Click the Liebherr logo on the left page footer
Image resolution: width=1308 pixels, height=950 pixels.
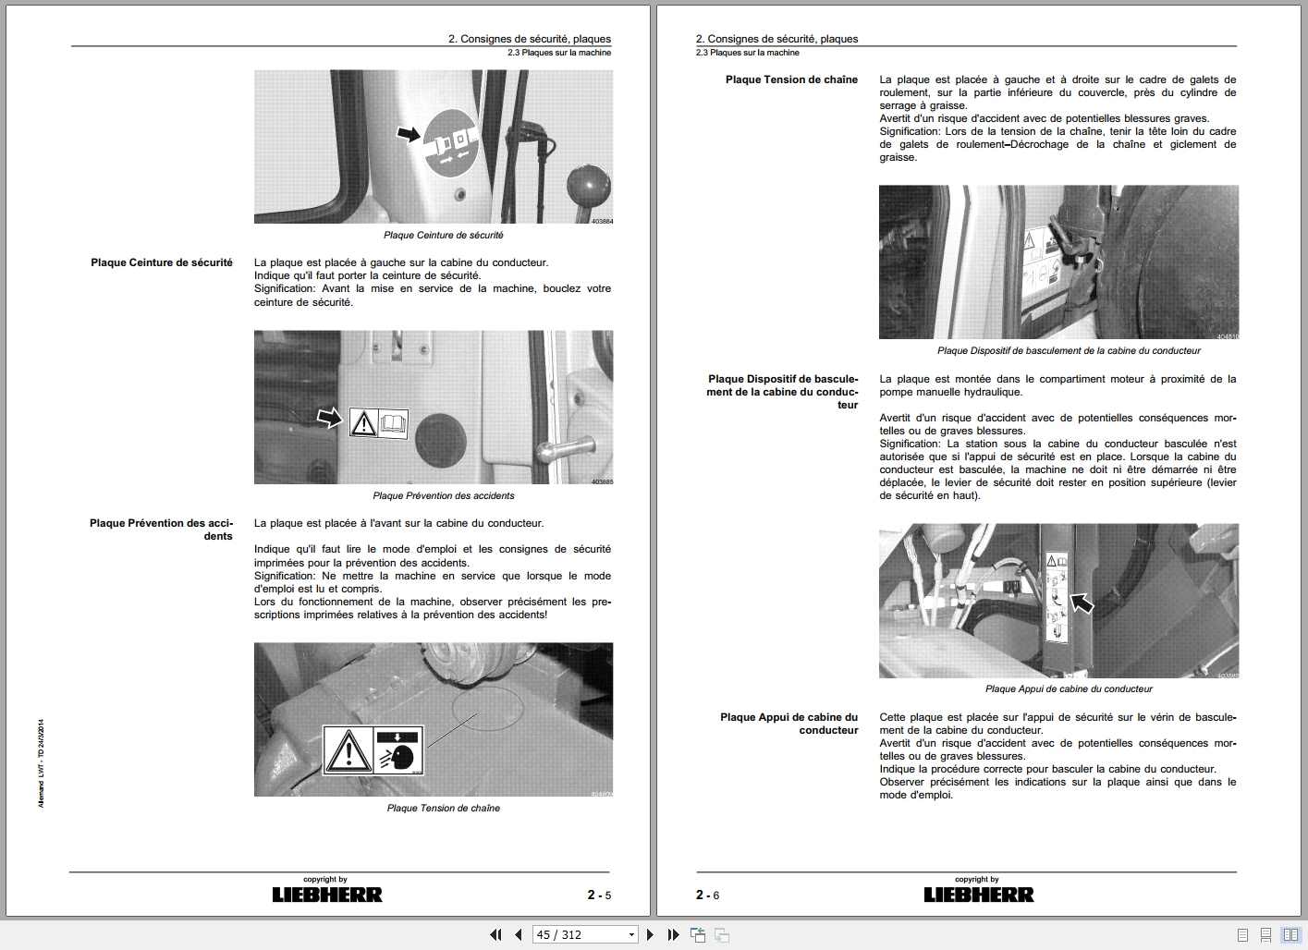[326, 895]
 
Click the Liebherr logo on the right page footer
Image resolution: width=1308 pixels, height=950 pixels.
[978, 895]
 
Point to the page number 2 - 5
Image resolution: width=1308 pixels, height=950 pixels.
[599, 895]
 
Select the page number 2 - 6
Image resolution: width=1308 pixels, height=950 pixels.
[707, 895]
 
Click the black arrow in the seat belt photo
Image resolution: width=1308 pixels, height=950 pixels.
[407, 134]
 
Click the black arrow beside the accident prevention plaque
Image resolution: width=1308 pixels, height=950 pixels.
[329, 419]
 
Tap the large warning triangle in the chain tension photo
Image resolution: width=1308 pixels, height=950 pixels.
[348, 749]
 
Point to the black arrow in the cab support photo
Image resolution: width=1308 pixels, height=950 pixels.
[1081, 603]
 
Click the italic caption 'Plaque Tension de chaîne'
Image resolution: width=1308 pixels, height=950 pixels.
[443, 808]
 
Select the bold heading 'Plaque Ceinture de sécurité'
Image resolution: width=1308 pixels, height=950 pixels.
[162, 262]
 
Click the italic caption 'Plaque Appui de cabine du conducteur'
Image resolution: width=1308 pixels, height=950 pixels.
[1069, 688]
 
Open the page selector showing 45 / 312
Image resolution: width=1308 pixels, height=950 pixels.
[586, 934]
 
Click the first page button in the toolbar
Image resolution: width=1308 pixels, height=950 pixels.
[495, 934]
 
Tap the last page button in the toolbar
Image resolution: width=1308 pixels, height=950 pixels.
[673, 934]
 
